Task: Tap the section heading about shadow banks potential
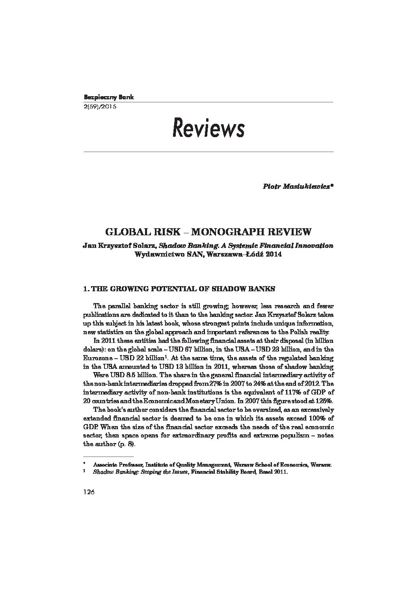179,288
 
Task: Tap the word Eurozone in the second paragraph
97,358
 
